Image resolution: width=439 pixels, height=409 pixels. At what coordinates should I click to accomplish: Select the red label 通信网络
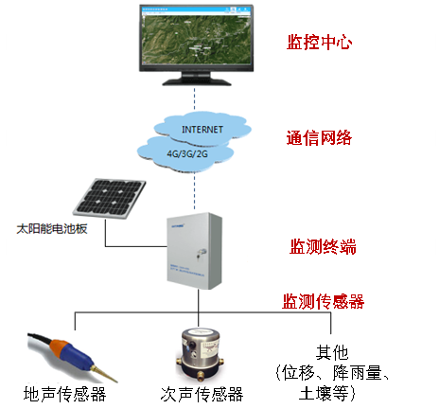(x=320, y=138)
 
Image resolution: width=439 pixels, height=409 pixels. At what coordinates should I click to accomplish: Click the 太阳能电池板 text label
(x=52, y=228)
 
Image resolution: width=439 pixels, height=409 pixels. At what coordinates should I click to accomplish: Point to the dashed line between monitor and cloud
(x=196, y=99)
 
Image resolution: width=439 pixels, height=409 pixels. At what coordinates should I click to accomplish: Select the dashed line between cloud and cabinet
(x=196, y=189)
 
